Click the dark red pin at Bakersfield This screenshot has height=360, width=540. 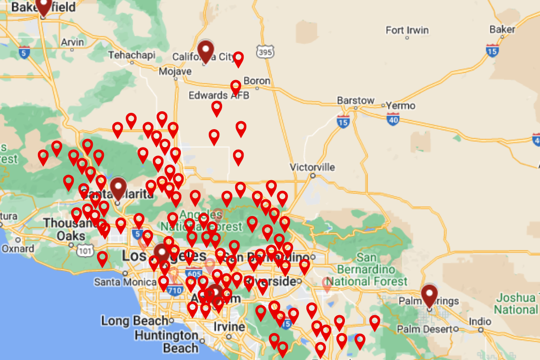coord(43,5)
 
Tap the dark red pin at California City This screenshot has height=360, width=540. coord(205,51)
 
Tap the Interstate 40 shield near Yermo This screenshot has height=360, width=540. coord(393,120)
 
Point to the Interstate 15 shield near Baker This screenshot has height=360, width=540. coord(492,51)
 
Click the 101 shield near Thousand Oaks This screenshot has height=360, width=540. coord(85,251)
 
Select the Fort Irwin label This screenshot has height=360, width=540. coord(407,30)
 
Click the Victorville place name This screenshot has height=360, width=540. coord(312,167)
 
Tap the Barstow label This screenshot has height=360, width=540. coord(355,100)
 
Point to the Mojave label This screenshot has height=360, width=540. coord(176,71)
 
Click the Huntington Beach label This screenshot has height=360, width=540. coord(166,342)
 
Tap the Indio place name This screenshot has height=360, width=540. coord(480,322)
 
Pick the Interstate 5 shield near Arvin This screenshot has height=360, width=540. coord(24,52)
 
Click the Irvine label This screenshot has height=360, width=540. coord(229,327)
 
